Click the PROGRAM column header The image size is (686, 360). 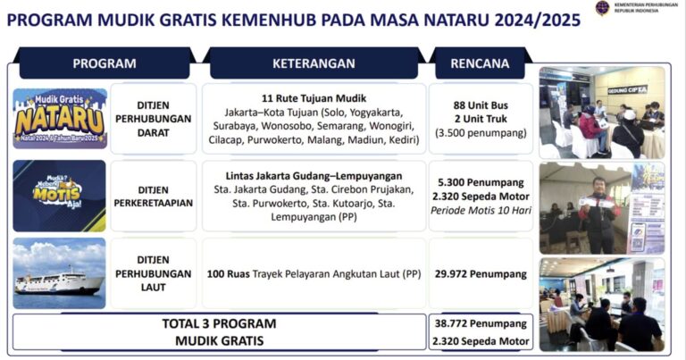(x=105, y=63)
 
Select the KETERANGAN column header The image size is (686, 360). (x=314, y=63)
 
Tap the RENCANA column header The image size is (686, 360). (x=481, y=63)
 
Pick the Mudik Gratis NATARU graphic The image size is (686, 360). (x=60, y=118)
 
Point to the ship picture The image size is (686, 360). (x=60, y=274)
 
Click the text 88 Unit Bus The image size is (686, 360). (x=481, y=105)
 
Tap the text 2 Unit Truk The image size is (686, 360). (x=481, y=119)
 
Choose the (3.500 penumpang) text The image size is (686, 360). (x=481, y=133)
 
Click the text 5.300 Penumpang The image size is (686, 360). (x=481, y=181)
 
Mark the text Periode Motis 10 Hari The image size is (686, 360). (x=481, y=211)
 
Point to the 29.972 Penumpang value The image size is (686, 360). (x=481, y=274)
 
